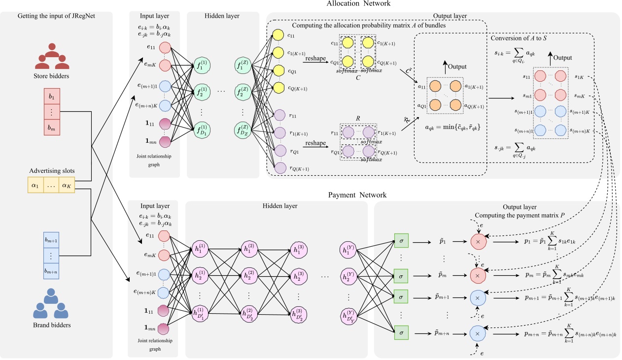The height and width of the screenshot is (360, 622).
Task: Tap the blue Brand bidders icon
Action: pyautogui.click(x=51, y=306)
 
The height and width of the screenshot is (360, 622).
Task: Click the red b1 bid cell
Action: pyautogui.click(x=51, y=97)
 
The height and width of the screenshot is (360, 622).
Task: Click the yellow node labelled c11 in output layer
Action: pyautogui.click(x=278, y=35)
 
